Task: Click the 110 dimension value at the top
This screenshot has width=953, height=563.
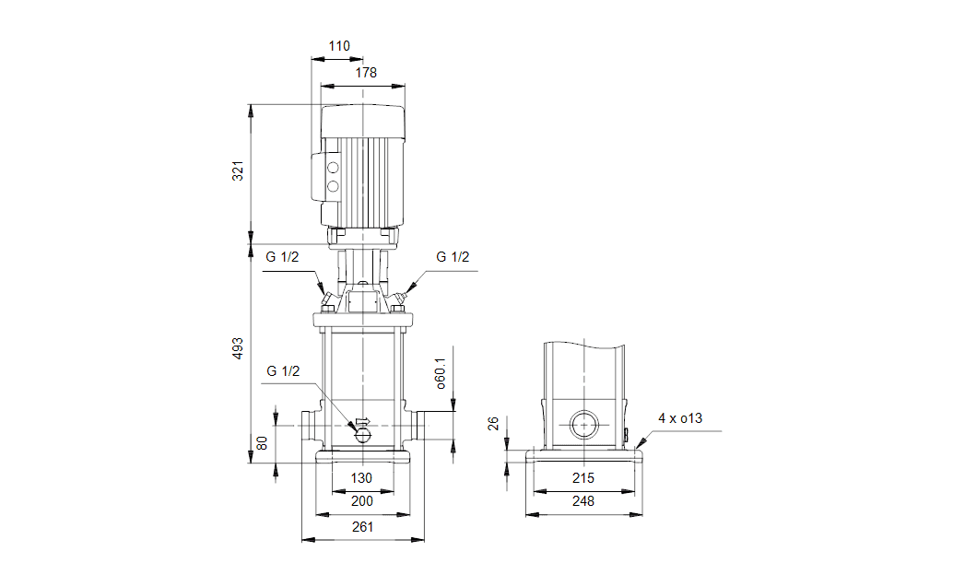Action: point(339,46)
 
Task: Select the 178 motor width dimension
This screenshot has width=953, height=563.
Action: point(366,73)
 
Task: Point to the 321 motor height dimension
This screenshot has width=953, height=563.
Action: point(238,170)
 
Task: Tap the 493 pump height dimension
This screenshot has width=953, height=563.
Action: point(238,348)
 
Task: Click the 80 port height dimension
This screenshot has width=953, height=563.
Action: point(262,443)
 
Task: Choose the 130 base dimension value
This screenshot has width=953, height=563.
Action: point(361,478)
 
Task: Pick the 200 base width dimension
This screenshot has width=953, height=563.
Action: point(362,501)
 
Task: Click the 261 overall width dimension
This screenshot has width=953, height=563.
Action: point(362,527)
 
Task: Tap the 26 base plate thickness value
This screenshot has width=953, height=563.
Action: point(493,423)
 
